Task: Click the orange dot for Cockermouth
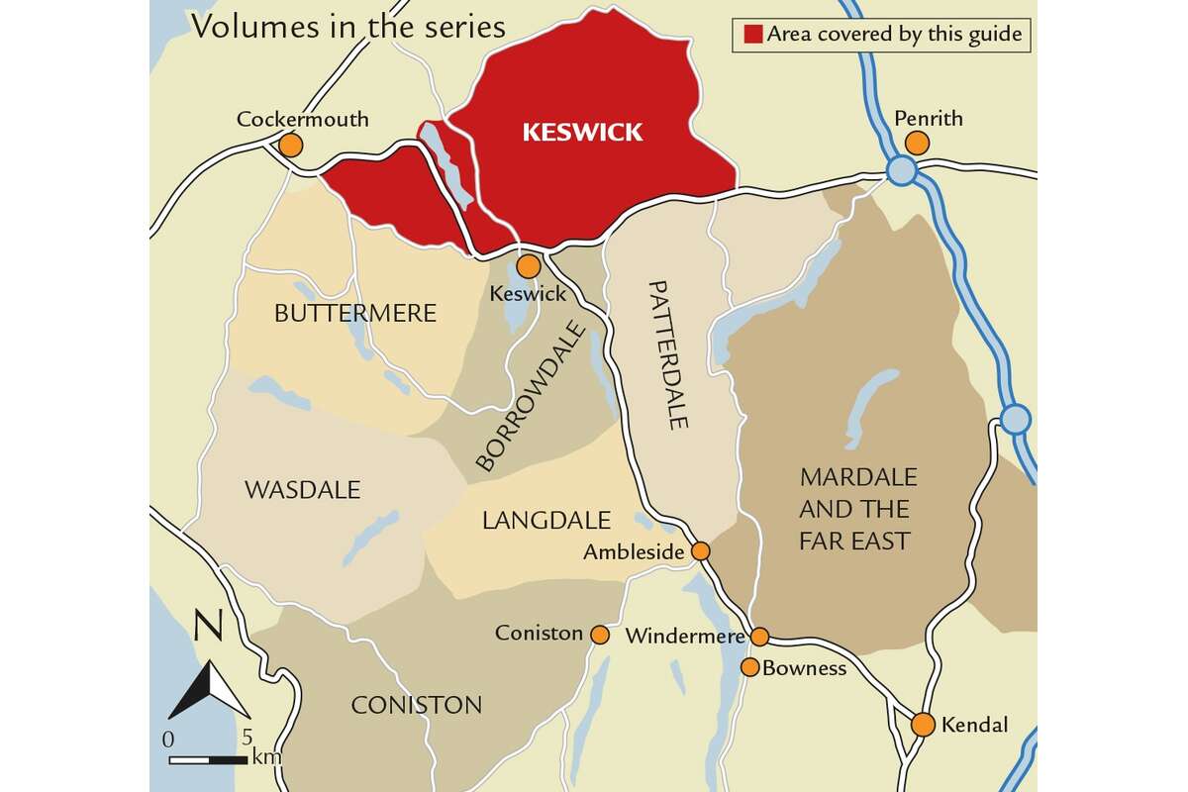[290, 146]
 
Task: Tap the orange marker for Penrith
[917, 144]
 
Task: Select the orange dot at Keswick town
[529, 265]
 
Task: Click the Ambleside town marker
[700, 551]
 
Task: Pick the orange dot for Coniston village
[599, 634]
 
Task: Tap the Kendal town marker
[923, 725]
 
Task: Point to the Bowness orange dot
[750, 667]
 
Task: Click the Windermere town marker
[759, 636]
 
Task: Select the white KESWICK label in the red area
[582, 133]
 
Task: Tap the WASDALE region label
[288, 490]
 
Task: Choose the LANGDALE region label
[545, 521]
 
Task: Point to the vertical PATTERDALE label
[665, 354]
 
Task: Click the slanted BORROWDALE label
[526, 395]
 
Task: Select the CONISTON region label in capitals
[417, 705]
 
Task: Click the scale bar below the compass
[208, 760]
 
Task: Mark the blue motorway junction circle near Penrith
[901, 171]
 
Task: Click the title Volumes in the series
[348, 27]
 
